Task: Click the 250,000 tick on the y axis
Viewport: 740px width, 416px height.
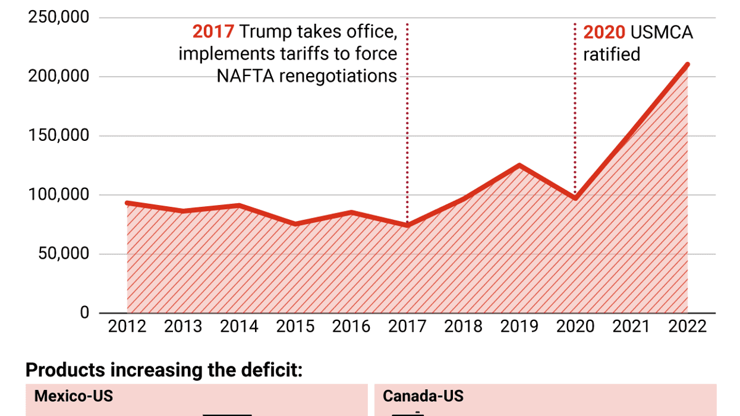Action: [x=59, y=17]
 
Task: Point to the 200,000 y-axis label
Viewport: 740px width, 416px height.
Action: [x=59, y=77]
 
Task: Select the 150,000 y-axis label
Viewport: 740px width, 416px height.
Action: [x=59, y=135]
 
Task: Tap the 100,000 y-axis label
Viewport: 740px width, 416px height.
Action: [x=59, y=195]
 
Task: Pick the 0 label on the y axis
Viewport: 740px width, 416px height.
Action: [x=84, y=313]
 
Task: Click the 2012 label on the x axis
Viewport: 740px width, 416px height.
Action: [x=127, y=327]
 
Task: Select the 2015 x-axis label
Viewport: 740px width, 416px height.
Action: [x=295, y=327]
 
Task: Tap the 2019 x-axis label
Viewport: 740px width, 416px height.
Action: [x=519, y=327]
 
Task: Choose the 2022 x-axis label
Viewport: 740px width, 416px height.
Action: [x=688, y=327]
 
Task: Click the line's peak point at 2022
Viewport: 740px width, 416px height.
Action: [x=688, y=64]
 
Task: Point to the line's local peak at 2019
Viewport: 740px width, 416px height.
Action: [x=519, y=165]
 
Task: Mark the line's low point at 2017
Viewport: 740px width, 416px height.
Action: [x=407, y=225]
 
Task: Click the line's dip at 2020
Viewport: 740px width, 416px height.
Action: [x=575, y=198]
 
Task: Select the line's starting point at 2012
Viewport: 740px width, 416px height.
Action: [x=127, y=203]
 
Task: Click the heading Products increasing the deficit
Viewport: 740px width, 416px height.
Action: [x=164, y=370]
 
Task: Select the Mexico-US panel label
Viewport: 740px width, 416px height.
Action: [x=74, y=396]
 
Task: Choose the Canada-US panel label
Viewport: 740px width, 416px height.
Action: [x=423, y=396]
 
